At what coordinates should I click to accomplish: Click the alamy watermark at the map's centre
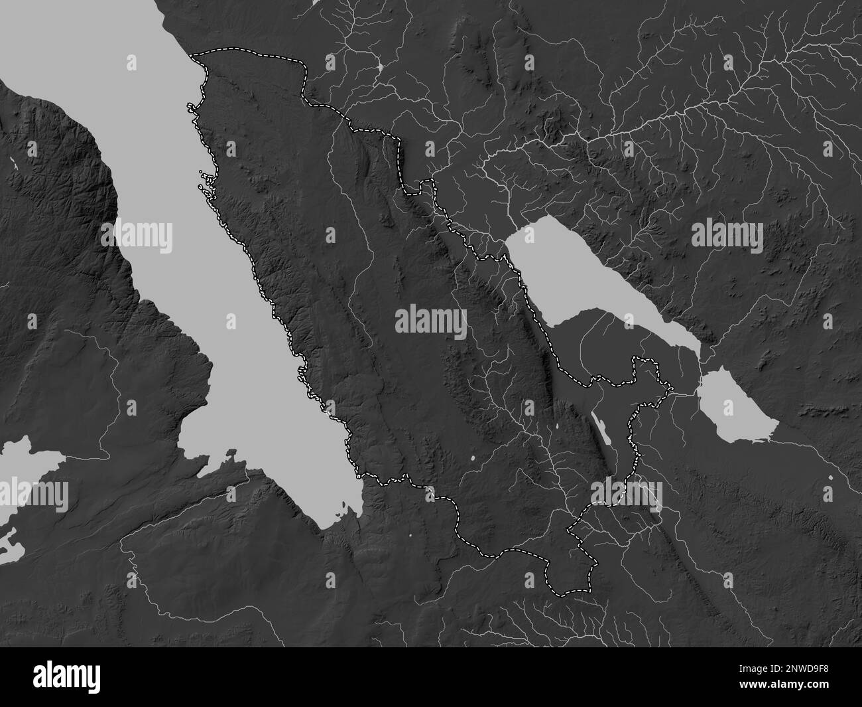click(x=431, y=321)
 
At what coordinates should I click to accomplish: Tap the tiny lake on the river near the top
click(x=379, y=67)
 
